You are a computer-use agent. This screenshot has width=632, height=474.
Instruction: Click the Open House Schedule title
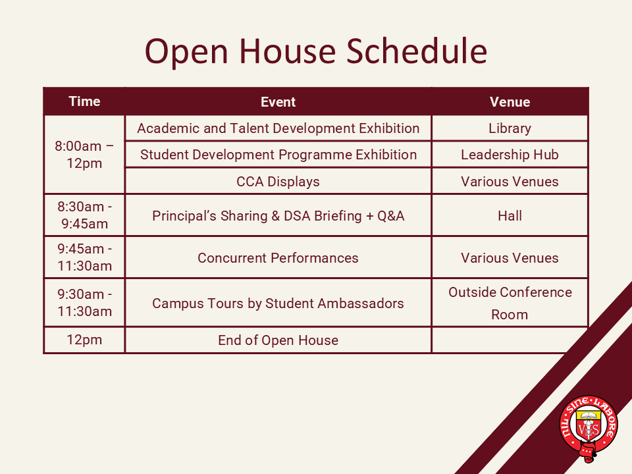coord(316,51)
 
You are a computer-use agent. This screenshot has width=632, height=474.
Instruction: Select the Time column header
coord(84,101)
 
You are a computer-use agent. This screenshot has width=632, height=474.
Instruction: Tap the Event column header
coord(278,102)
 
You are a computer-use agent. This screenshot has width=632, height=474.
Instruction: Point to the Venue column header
coord(510,102)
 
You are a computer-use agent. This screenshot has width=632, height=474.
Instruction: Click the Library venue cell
coord(510,128)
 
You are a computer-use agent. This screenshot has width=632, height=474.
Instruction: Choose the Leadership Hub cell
coord(510,154)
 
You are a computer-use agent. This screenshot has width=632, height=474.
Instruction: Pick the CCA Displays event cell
coord(278,182)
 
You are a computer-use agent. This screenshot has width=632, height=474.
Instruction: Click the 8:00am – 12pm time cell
coord(84,154)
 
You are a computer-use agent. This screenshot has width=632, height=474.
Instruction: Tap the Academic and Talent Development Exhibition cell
coord(278,128)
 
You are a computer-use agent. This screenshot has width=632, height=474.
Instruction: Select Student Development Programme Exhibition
coord(278,154)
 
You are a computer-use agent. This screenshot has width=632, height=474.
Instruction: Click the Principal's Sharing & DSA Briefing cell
coord(278,216)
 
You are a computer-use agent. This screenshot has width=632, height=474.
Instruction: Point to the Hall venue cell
coord(510,216)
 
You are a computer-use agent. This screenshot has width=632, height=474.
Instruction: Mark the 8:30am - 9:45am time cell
coord(84,215)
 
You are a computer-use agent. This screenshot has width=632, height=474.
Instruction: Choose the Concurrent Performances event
coord(278,257)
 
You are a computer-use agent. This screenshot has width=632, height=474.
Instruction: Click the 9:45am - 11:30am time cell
coord(84,257)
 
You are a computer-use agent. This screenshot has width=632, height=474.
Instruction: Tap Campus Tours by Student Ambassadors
coord(278,303)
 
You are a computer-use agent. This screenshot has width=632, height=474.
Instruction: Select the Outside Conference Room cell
coord(510,303)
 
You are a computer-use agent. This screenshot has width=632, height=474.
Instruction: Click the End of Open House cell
coord(278,340)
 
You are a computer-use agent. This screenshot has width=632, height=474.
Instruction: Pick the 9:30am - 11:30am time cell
coord(84,303)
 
